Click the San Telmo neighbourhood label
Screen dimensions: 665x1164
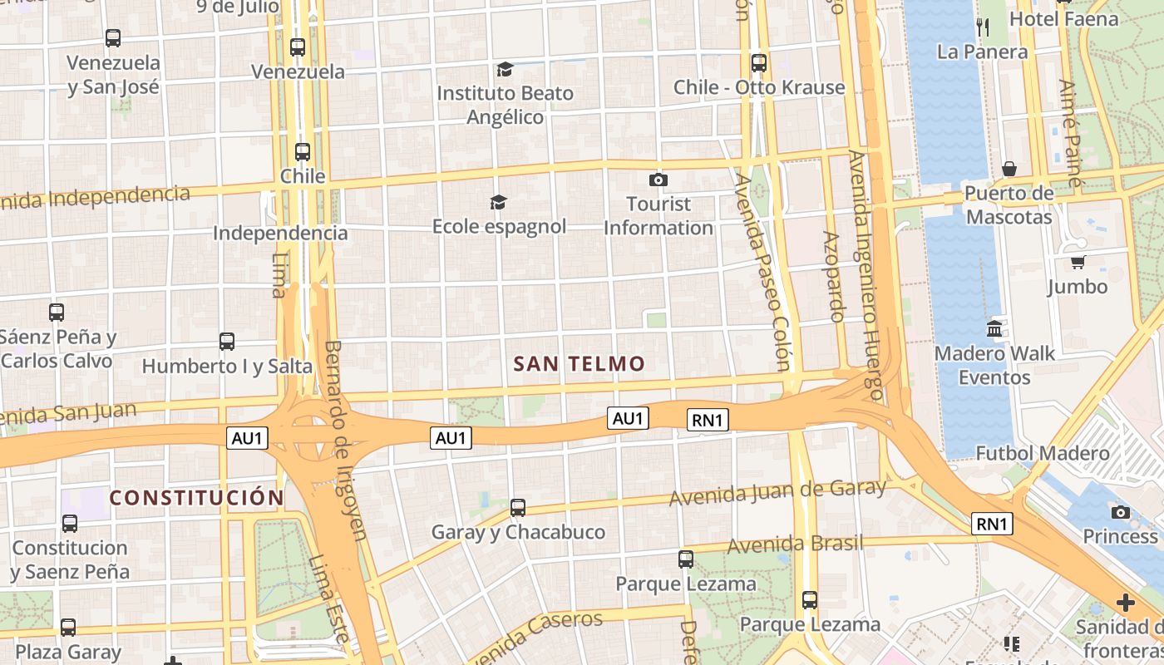(579, 364)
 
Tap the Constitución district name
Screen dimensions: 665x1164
(197, 498)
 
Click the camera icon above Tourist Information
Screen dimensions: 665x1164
(658, 180)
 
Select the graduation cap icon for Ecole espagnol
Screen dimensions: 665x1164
(498, 202)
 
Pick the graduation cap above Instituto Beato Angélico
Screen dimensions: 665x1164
(505, 69)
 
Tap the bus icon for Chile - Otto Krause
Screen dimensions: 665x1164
(758, 63)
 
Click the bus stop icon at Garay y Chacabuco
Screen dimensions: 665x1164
(518, 507)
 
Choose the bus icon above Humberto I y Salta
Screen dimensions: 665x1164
(226, 341)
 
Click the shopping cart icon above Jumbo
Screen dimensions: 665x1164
(1078, 263)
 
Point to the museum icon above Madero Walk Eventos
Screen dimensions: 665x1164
(994, 329)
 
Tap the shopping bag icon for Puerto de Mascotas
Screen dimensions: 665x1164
(1009, 170)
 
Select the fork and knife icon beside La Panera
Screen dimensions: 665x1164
(982, 27)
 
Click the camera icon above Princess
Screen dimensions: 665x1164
(1121, 512)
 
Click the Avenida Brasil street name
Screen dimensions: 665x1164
(795, 545)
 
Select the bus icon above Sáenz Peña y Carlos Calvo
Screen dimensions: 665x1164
(57, 313)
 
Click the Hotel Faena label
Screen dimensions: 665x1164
(1063, 18)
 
